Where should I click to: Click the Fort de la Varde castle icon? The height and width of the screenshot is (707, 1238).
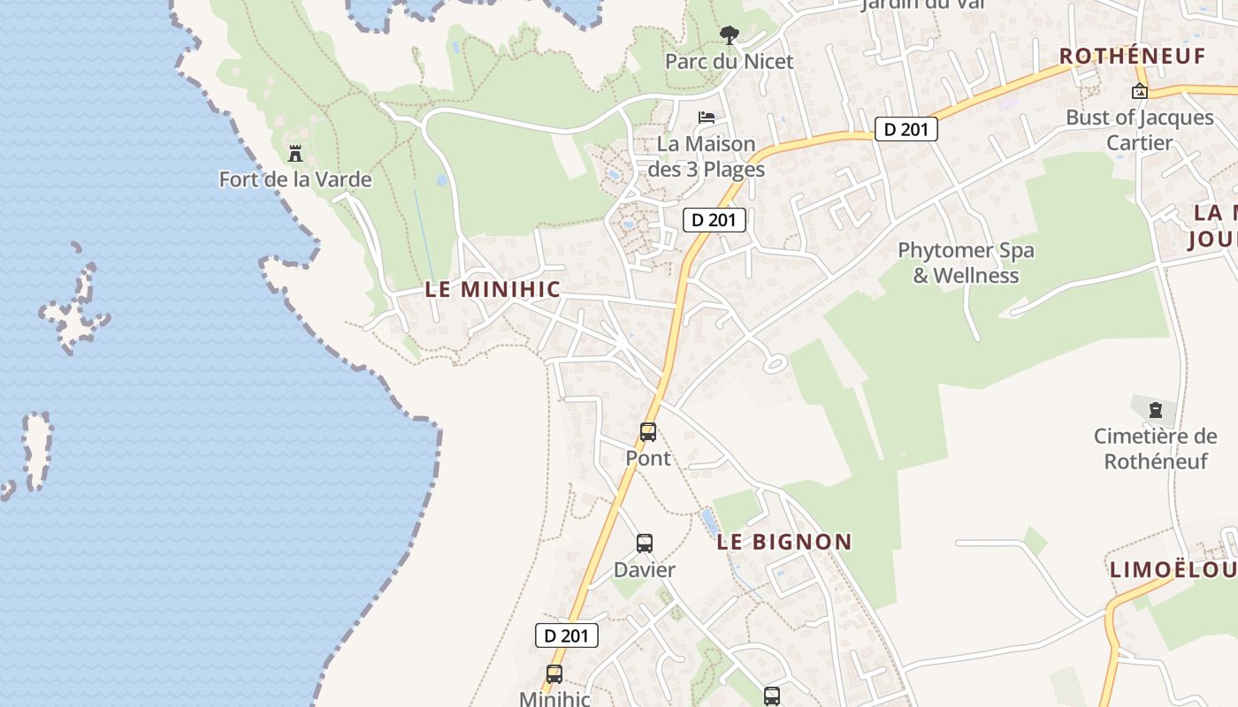pyautogui.click(x=295, y=154)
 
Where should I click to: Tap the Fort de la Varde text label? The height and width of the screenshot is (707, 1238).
pyautogui.click(x=295, y=179)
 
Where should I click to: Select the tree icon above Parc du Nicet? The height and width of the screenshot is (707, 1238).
pyautogui.click(x=729, y=35)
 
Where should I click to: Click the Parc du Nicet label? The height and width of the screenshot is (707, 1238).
pyautogui.click(x=729, y=61)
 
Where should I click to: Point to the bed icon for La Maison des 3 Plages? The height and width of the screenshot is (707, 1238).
pyautogui.click(x=706, y=117)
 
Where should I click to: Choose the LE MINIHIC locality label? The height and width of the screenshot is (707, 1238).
pyautogui.click(x=493, y=289)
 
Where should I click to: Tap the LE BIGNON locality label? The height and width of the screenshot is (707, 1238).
pyautogui.click(x=784, y=542)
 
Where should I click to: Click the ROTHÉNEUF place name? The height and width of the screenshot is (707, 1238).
pyautogui.click(x=1132, y=56)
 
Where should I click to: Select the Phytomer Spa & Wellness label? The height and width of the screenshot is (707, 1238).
pyautogui.click(x=966, y=262)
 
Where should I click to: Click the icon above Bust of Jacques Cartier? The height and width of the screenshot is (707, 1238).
pyautogui.click(x=1140, y=91)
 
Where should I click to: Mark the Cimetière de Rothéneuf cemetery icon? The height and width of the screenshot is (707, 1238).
pyautogui.click(x=1155, y=410)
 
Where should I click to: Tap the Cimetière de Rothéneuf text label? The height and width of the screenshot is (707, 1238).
pyautogui.click(x=1155, y=448)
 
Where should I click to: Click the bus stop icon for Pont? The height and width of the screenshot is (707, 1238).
pyautogui.click(x=648, y=432)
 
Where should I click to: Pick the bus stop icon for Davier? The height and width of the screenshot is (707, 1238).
pyautogui.click(x=645, y=544)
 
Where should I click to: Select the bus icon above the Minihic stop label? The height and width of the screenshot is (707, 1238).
pyautogui.click(x=554, y=674)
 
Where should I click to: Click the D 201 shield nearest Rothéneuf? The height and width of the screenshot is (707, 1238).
pyautogui.click(x=906, y=129)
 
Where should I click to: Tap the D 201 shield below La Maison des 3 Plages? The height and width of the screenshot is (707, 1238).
pyautogui.click(x=715, y=219)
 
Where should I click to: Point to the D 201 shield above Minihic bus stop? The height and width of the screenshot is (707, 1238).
pyautogui.click(x=567, y=635)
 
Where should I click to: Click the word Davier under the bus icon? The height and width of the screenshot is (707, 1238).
pyautogui.click(x=645, y=570)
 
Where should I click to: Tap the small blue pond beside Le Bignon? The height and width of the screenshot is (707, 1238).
pyautogui.click(x=709, y=521)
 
